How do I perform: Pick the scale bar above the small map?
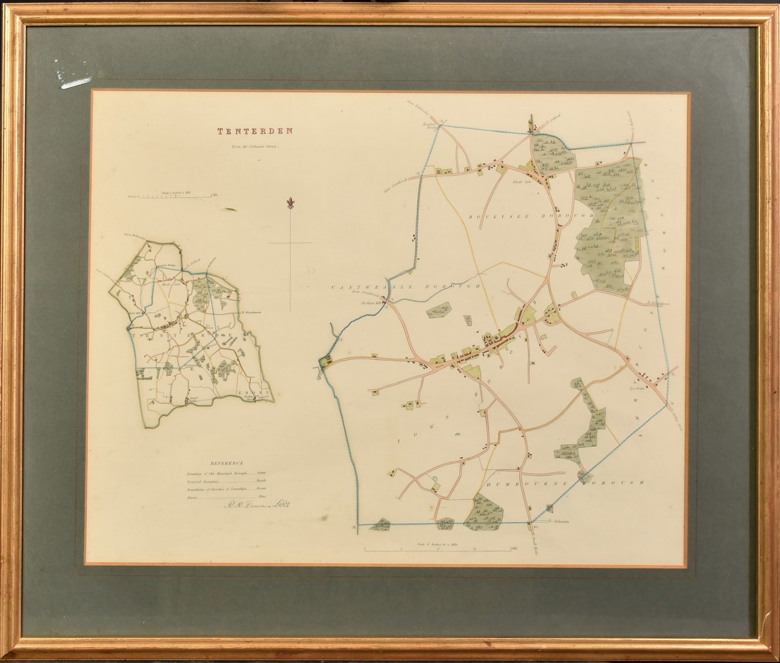pos(170,195)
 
